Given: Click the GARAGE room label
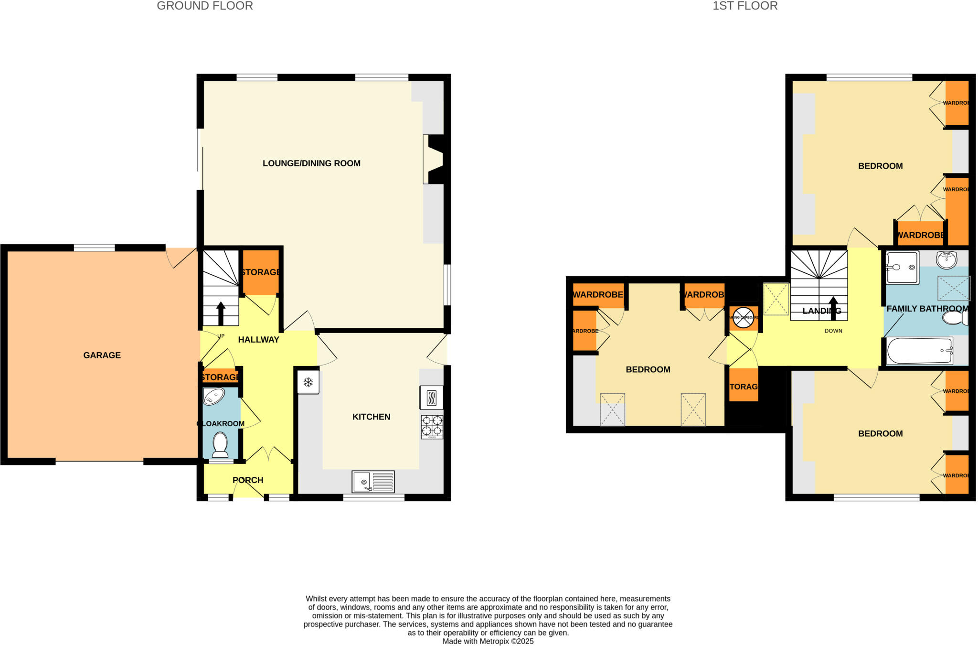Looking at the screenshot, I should [x=102, y=355].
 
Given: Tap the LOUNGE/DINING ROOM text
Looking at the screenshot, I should [x=311, y=163].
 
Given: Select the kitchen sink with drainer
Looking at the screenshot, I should [x=373, y=482].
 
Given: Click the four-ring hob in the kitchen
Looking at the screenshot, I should [x=432, y=427].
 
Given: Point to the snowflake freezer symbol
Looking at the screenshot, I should [x=308, y=382].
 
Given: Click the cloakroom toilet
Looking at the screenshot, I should [x=220, y=444].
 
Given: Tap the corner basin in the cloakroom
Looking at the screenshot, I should [x=213, y=397].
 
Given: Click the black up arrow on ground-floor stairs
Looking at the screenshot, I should [x=221, y=313].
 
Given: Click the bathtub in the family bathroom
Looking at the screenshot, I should [x=919, y=351].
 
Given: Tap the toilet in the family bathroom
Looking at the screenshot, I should [x=955, y=318].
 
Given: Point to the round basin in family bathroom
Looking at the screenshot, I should [x=946, y=260].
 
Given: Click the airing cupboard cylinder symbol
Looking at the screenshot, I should [x=743, y=318].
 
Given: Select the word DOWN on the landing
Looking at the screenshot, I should [x=833, y=331].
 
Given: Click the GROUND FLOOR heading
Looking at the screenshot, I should [x=205, y=6].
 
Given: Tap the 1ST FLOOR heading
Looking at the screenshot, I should [x=745, y=6].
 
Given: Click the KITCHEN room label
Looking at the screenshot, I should [x=371, y=417].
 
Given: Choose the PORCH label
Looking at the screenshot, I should [x=248, y=480].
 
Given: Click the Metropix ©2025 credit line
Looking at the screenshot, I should [x=488, y=641].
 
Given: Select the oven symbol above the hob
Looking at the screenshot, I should [x=431, y=398].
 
